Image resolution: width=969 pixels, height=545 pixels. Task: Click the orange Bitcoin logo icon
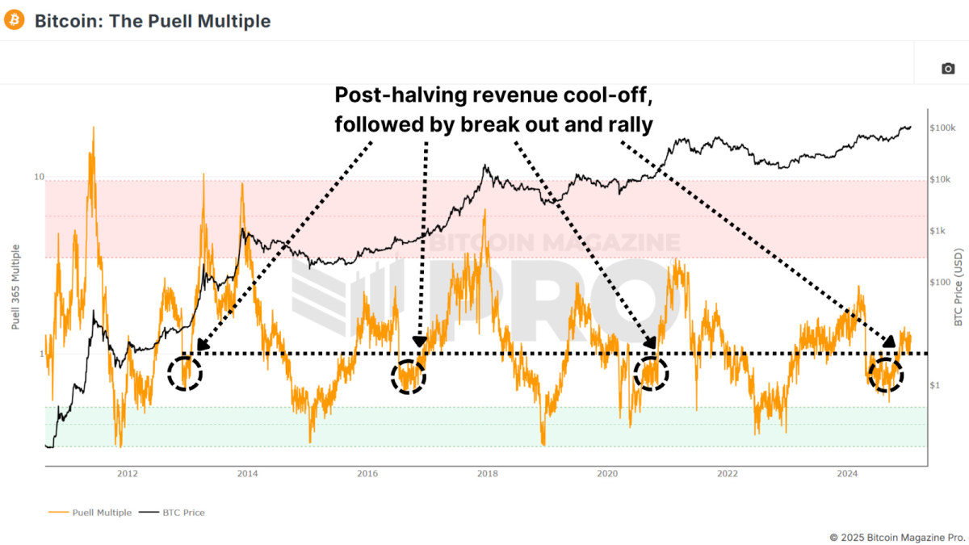coord(15,21)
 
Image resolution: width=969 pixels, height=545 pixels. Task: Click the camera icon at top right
coord(948,69)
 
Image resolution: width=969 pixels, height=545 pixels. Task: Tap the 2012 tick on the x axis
coord(127,474)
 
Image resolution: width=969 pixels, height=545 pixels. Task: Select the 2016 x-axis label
coord(367,474)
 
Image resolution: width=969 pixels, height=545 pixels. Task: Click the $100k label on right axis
coord(943,128)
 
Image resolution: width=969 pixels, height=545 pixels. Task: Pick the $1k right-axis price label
coord(940,231)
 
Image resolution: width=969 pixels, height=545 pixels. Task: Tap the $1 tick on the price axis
coord(937,385)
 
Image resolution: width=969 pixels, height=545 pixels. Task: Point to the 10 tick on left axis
coord(39,177)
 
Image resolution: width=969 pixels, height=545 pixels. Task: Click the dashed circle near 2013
coord(185,373)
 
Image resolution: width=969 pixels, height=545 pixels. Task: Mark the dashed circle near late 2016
coord(408,376)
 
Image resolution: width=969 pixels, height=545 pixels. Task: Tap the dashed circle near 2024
coord(886,374)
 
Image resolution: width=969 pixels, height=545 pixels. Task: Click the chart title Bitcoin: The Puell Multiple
coord(153,21)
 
